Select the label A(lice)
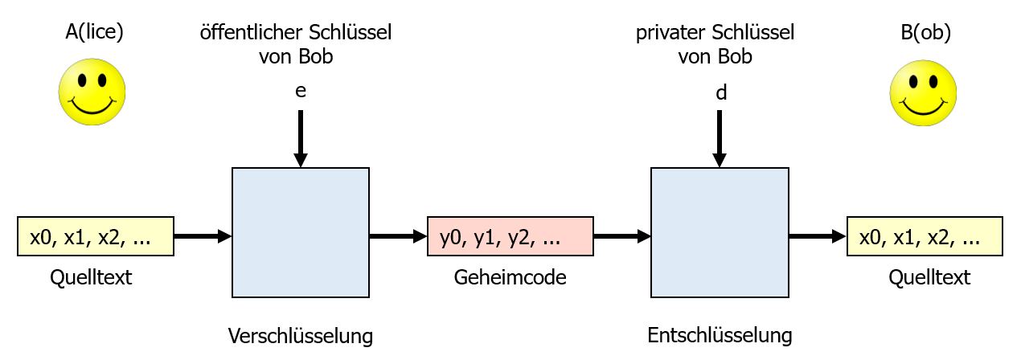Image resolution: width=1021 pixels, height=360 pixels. coord(94,32)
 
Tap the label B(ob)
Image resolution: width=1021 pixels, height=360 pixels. coord(923,32)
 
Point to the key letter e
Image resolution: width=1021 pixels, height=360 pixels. coord(301,91)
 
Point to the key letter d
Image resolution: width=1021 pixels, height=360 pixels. coord(721,92)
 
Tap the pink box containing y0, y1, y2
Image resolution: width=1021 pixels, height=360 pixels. coord(510,237)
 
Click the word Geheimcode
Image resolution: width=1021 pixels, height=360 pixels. coord(510,278)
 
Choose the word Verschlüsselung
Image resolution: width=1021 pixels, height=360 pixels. coord(301,334)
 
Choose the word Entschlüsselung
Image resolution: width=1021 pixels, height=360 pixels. coord(720,334)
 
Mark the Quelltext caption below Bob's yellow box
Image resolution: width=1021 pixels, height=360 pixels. coord(929,278)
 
